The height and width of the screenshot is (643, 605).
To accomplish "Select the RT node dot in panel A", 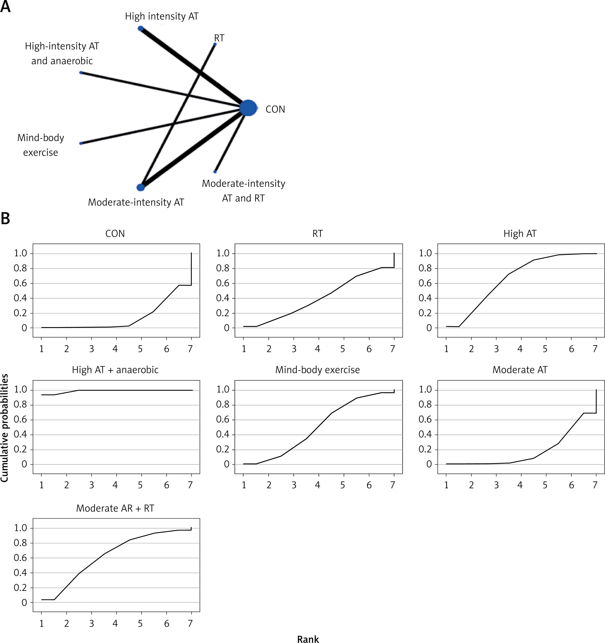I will pyautogui.click(x=215, y=44).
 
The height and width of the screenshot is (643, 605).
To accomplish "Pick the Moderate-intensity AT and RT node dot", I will pyautogui.click(x=215, y=172).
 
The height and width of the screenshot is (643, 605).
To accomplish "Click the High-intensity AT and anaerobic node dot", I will pyautogui.click(x=81, y=72).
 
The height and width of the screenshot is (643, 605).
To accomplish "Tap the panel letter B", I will pyautogui.click(x=5, y=219).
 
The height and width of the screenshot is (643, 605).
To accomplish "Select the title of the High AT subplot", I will pyautogui.click(x=520, y=234).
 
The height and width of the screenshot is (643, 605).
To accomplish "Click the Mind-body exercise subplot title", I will pyautogui.click(x=317, y=370).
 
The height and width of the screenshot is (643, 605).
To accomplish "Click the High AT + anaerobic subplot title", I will pyautogui.click(x=115, y=370).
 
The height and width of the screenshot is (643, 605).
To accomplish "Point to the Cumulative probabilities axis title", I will pyautogui.click(x=5, y=428).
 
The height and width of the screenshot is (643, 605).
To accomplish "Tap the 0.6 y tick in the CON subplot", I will pyautogui.click(x=20, y=283).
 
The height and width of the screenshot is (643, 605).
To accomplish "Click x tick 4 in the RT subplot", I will pyautogui.click(x=318, y=349).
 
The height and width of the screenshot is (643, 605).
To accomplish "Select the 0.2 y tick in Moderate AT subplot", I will pyautogui.click(x=425, y=449).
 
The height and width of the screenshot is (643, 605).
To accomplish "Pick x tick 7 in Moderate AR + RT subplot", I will pyautogui.click(x=191, y=623).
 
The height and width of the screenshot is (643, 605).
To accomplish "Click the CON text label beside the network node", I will pyautogui.click(x=275, y=109).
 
